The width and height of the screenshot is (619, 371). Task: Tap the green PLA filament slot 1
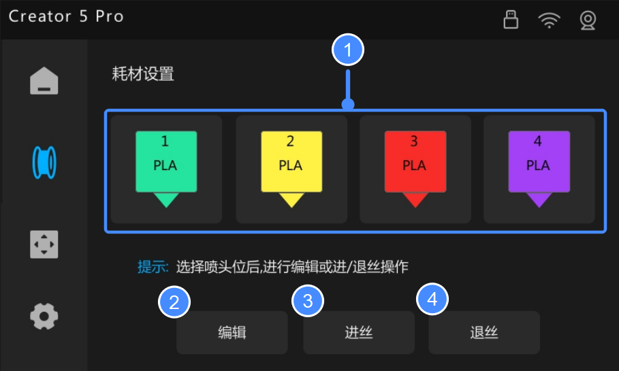coord(166,170)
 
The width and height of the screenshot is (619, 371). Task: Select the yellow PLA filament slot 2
coord(291,170)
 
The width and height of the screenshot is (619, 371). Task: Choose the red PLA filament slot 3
coord(415,170)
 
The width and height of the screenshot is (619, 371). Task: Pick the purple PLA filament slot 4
coord(539,170)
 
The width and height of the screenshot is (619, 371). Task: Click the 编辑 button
coord(232,332)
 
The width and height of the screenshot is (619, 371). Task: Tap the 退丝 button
coord(484,332)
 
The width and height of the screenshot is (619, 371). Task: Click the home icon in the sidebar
coord(44,81)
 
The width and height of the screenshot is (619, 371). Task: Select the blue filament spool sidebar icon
coord(44,162)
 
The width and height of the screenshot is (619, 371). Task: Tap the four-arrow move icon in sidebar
coord(44,244)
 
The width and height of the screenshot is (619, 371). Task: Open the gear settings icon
coord(44,316)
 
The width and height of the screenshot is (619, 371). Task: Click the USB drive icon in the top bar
coord(511,19)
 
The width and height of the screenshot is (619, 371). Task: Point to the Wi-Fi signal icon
coord(549,20)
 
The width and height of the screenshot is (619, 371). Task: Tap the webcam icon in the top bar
coord(588,20)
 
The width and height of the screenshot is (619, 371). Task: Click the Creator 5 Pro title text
coord(66,16)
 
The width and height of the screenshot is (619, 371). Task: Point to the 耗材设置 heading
coord(143,74)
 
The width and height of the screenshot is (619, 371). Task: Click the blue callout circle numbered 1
coord(348,50)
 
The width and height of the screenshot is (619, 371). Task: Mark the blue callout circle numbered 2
coord(174,302)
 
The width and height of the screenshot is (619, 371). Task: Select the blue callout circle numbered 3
coord(308,301)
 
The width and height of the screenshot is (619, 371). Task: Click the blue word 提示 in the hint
coord(153,267)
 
